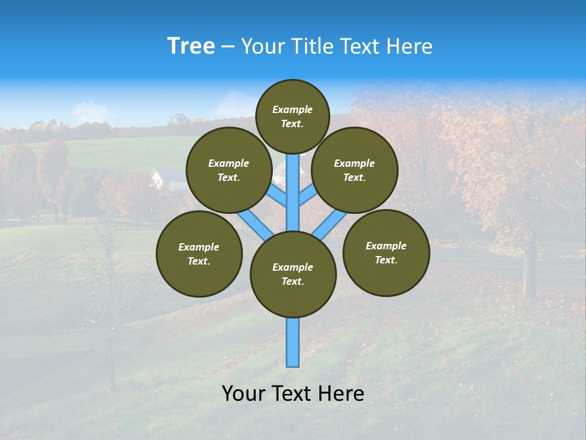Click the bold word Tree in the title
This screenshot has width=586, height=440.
coord(191,46)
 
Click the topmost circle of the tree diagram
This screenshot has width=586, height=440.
coord(292,116)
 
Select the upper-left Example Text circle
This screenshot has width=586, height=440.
coord(229,170)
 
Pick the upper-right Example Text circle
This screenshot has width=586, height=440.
coord(355,170)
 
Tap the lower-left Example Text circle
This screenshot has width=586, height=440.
coord(199,254)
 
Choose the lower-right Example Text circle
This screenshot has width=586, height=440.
coord(386,252)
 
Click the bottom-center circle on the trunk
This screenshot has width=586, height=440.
coord(293,274)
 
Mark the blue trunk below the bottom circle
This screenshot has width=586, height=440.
coord(293,342)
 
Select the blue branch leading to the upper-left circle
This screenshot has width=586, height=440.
coord(277,196)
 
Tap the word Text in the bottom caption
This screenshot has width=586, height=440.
coord(294,394)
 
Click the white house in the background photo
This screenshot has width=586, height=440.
coord(160,178)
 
